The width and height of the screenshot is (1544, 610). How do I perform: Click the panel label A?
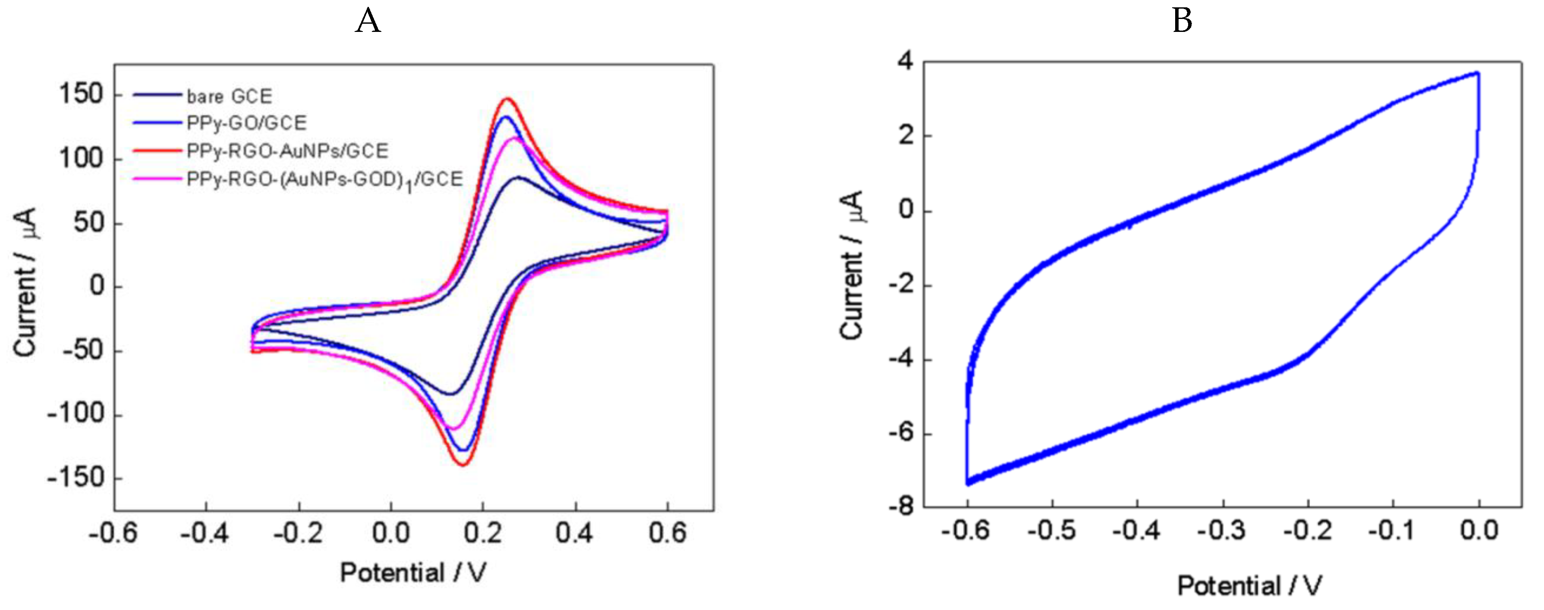pyautogui.click(x=368, y=22)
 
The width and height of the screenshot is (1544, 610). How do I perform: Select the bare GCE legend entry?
pyautogui.click(x=229, y=96)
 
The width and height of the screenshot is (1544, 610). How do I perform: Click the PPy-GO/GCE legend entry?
pyautogui.click(x=246, y=123)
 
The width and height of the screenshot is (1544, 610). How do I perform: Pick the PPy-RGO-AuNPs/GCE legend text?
pyautogui.click(x=287, y=150)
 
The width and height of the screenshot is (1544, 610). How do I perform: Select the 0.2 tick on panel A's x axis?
pyautogui.click(x=484, y=532)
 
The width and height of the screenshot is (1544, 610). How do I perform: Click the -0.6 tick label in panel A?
pyautogui.click(x=113, y=532)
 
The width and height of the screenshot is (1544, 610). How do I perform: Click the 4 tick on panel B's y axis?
pyautogui.click(x=905, y=61)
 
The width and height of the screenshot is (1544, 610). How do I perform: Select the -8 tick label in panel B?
pyautogui.click(x=901, y=507)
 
